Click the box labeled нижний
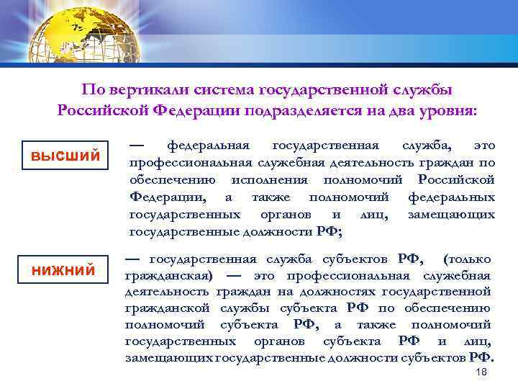(x=63, y=270)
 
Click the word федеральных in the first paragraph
(x=451, y=197)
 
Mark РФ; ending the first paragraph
(x=330, y=232)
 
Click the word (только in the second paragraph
(x=468, y=259)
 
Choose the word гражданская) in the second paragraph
(x=168, y=276)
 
